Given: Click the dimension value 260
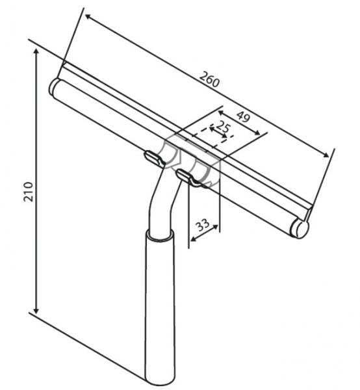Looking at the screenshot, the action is coord(210,79).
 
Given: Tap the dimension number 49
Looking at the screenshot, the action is coord(242,116).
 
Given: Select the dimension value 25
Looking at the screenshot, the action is coord(224,127).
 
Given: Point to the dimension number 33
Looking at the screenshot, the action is coord(203,225).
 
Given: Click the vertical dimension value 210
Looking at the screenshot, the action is coord(28,192).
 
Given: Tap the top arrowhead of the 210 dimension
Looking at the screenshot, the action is coord(36,51).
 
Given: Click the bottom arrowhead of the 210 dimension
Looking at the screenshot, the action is coord(36,310).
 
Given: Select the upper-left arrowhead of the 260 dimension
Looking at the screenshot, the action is coord(88,17).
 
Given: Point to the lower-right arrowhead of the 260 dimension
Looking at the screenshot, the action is coord(326,155).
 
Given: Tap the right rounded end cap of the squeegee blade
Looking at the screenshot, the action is coord(302,229).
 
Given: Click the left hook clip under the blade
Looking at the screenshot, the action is coord(155,159).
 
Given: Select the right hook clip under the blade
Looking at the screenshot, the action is coord(189,177).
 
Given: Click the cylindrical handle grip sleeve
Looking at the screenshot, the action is coord(160,308).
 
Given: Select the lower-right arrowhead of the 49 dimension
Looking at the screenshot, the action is coord(257,133).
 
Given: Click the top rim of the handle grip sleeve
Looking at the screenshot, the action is coord(160,235).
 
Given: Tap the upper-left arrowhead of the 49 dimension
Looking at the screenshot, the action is coord(222,113).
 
